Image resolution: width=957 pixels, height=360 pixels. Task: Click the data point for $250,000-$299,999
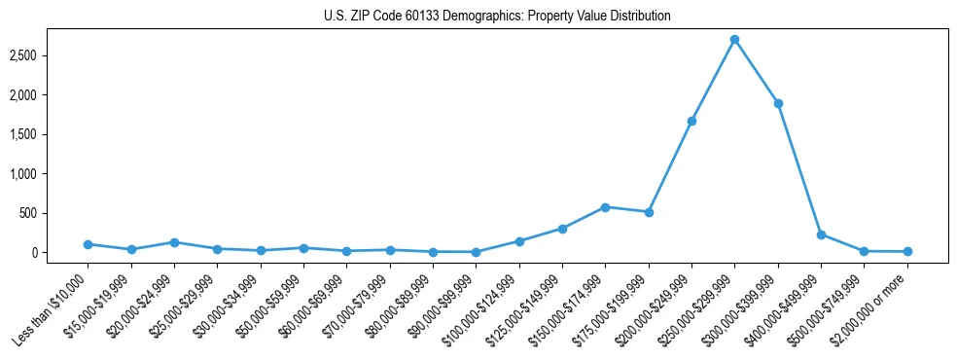734,40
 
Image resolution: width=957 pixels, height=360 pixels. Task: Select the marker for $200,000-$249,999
691,121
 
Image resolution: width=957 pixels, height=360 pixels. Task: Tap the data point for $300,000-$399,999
778,103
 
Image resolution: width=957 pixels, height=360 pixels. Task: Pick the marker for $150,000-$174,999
605,207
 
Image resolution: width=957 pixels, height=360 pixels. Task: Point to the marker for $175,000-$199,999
649,212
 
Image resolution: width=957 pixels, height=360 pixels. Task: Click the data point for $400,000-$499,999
821,234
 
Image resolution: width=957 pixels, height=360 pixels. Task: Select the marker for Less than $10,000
88,244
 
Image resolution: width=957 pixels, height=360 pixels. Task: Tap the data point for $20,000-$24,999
174,242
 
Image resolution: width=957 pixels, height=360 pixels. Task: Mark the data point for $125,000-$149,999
562,229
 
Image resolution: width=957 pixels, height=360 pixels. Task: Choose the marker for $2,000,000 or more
907,252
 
